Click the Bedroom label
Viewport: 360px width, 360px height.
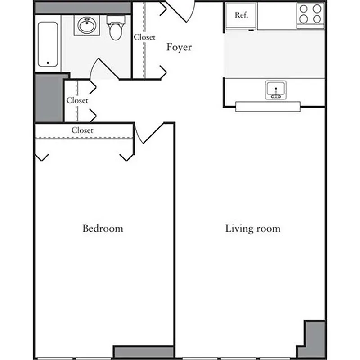(x=103, y=228)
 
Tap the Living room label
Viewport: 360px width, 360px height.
(x=252, y=228)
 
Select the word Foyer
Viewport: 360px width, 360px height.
(x=179, y=47)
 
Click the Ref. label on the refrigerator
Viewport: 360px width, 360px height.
(x=242, y=15)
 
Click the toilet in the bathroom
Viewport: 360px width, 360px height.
(x=115, y=28)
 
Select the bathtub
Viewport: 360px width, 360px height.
(x=48, y=43)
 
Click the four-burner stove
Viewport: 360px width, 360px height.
(x=310, y=14)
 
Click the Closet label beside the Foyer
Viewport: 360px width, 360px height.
(x=144, y=37)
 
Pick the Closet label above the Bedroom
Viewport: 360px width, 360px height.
(x=82, y=130)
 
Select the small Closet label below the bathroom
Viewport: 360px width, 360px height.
(x=77, y=100)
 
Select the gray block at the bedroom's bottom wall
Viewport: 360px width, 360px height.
(x=143, y=352)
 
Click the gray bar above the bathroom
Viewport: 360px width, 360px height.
(x=83, y=7)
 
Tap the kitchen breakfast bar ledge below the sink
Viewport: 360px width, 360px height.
(x=268, y=106)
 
